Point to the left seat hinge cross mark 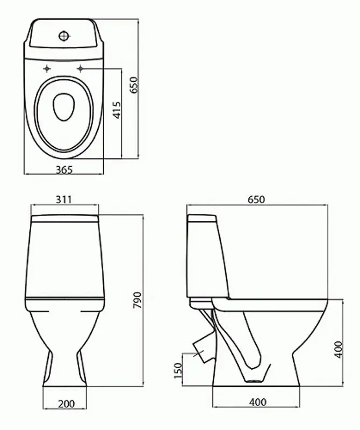[47, 69]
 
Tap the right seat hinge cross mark [82, 69]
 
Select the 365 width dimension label [64, 169]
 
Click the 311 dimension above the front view [64, 199]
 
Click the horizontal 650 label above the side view [256, 199]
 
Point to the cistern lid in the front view [64, 219]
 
